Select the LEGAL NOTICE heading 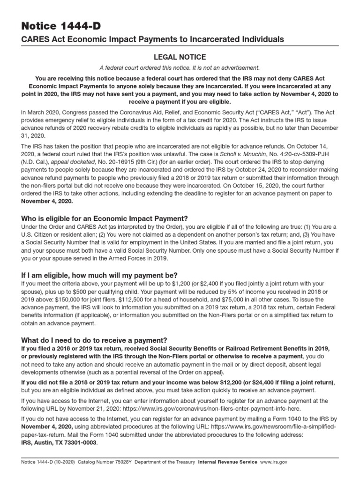coord(180,57)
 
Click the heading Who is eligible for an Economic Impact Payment coord(105,218)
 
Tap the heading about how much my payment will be coord(99,275)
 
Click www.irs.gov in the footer coord(274,462)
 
